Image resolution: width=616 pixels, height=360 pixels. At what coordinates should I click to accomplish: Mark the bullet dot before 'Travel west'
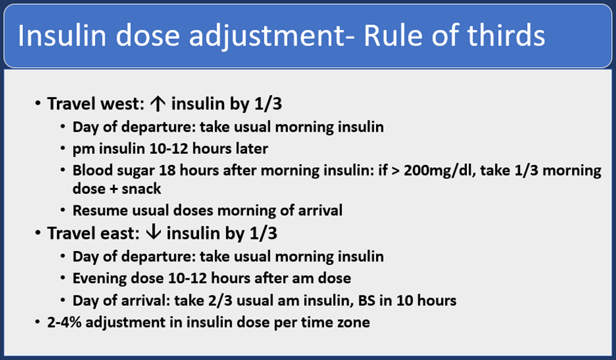(x=37, y=105)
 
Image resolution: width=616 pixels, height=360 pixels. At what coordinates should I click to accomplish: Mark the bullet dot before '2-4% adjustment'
(x=37, y=323)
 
